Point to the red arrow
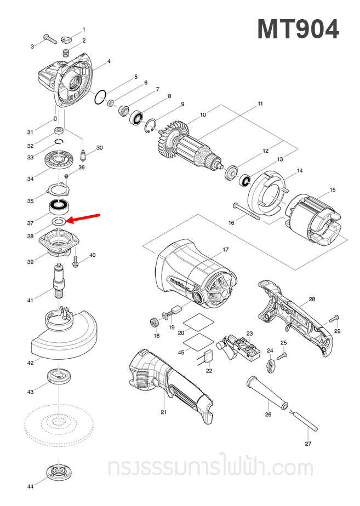point(82,219)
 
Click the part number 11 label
point(260,104)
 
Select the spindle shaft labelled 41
point(58,279)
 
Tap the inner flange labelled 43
point(58,376)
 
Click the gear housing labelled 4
point(68,83)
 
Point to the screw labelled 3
point(49,39)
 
